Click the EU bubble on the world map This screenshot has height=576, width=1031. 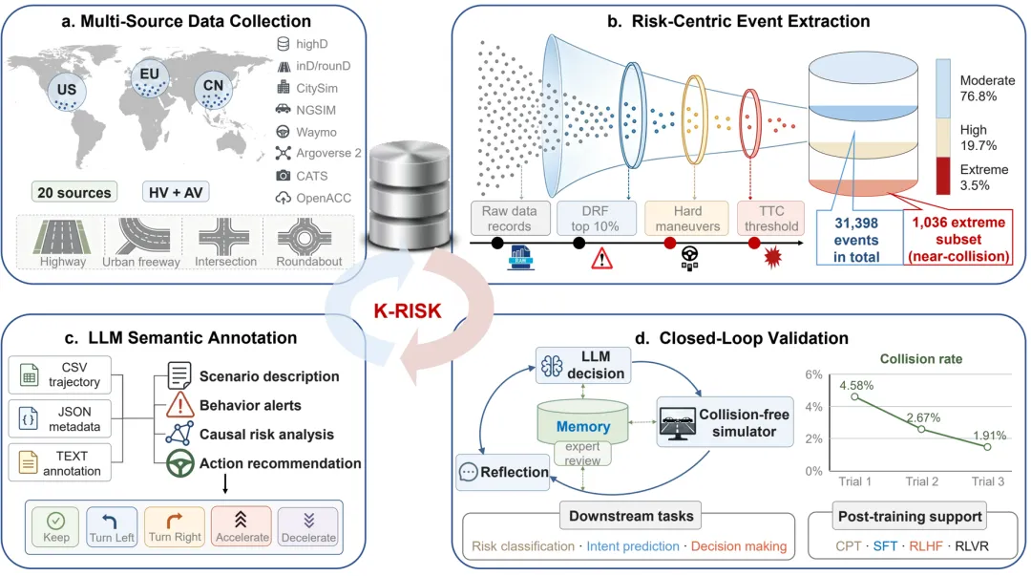(x=149, y=78)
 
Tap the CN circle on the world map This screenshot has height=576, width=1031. (x=213, y=90)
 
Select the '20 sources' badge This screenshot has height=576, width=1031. (x=74, y=192)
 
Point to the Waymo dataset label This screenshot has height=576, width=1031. (x=316, y=132)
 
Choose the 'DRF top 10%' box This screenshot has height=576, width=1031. (x=595, y=219)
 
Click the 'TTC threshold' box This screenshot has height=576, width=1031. (x=770, y=219)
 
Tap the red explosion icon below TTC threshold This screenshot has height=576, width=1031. (x=772, y=257)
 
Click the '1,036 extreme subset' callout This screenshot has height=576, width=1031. (x=958, y=239)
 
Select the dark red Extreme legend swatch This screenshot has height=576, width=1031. (x=943, y=176)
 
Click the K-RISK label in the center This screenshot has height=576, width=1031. (x=408, y=310)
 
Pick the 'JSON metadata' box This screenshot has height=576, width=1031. (x=60, y=418)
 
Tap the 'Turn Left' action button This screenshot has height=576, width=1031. (x=112, y=526)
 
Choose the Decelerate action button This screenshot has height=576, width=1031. (x=308, y=526)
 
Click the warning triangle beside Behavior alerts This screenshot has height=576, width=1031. (x=179, y=405)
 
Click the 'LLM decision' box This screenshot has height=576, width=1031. (x=583, y=365)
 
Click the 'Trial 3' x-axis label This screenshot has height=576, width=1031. (x=988, y=481)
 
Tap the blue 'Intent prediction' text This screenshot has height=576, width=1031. (x=633, y=545)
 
